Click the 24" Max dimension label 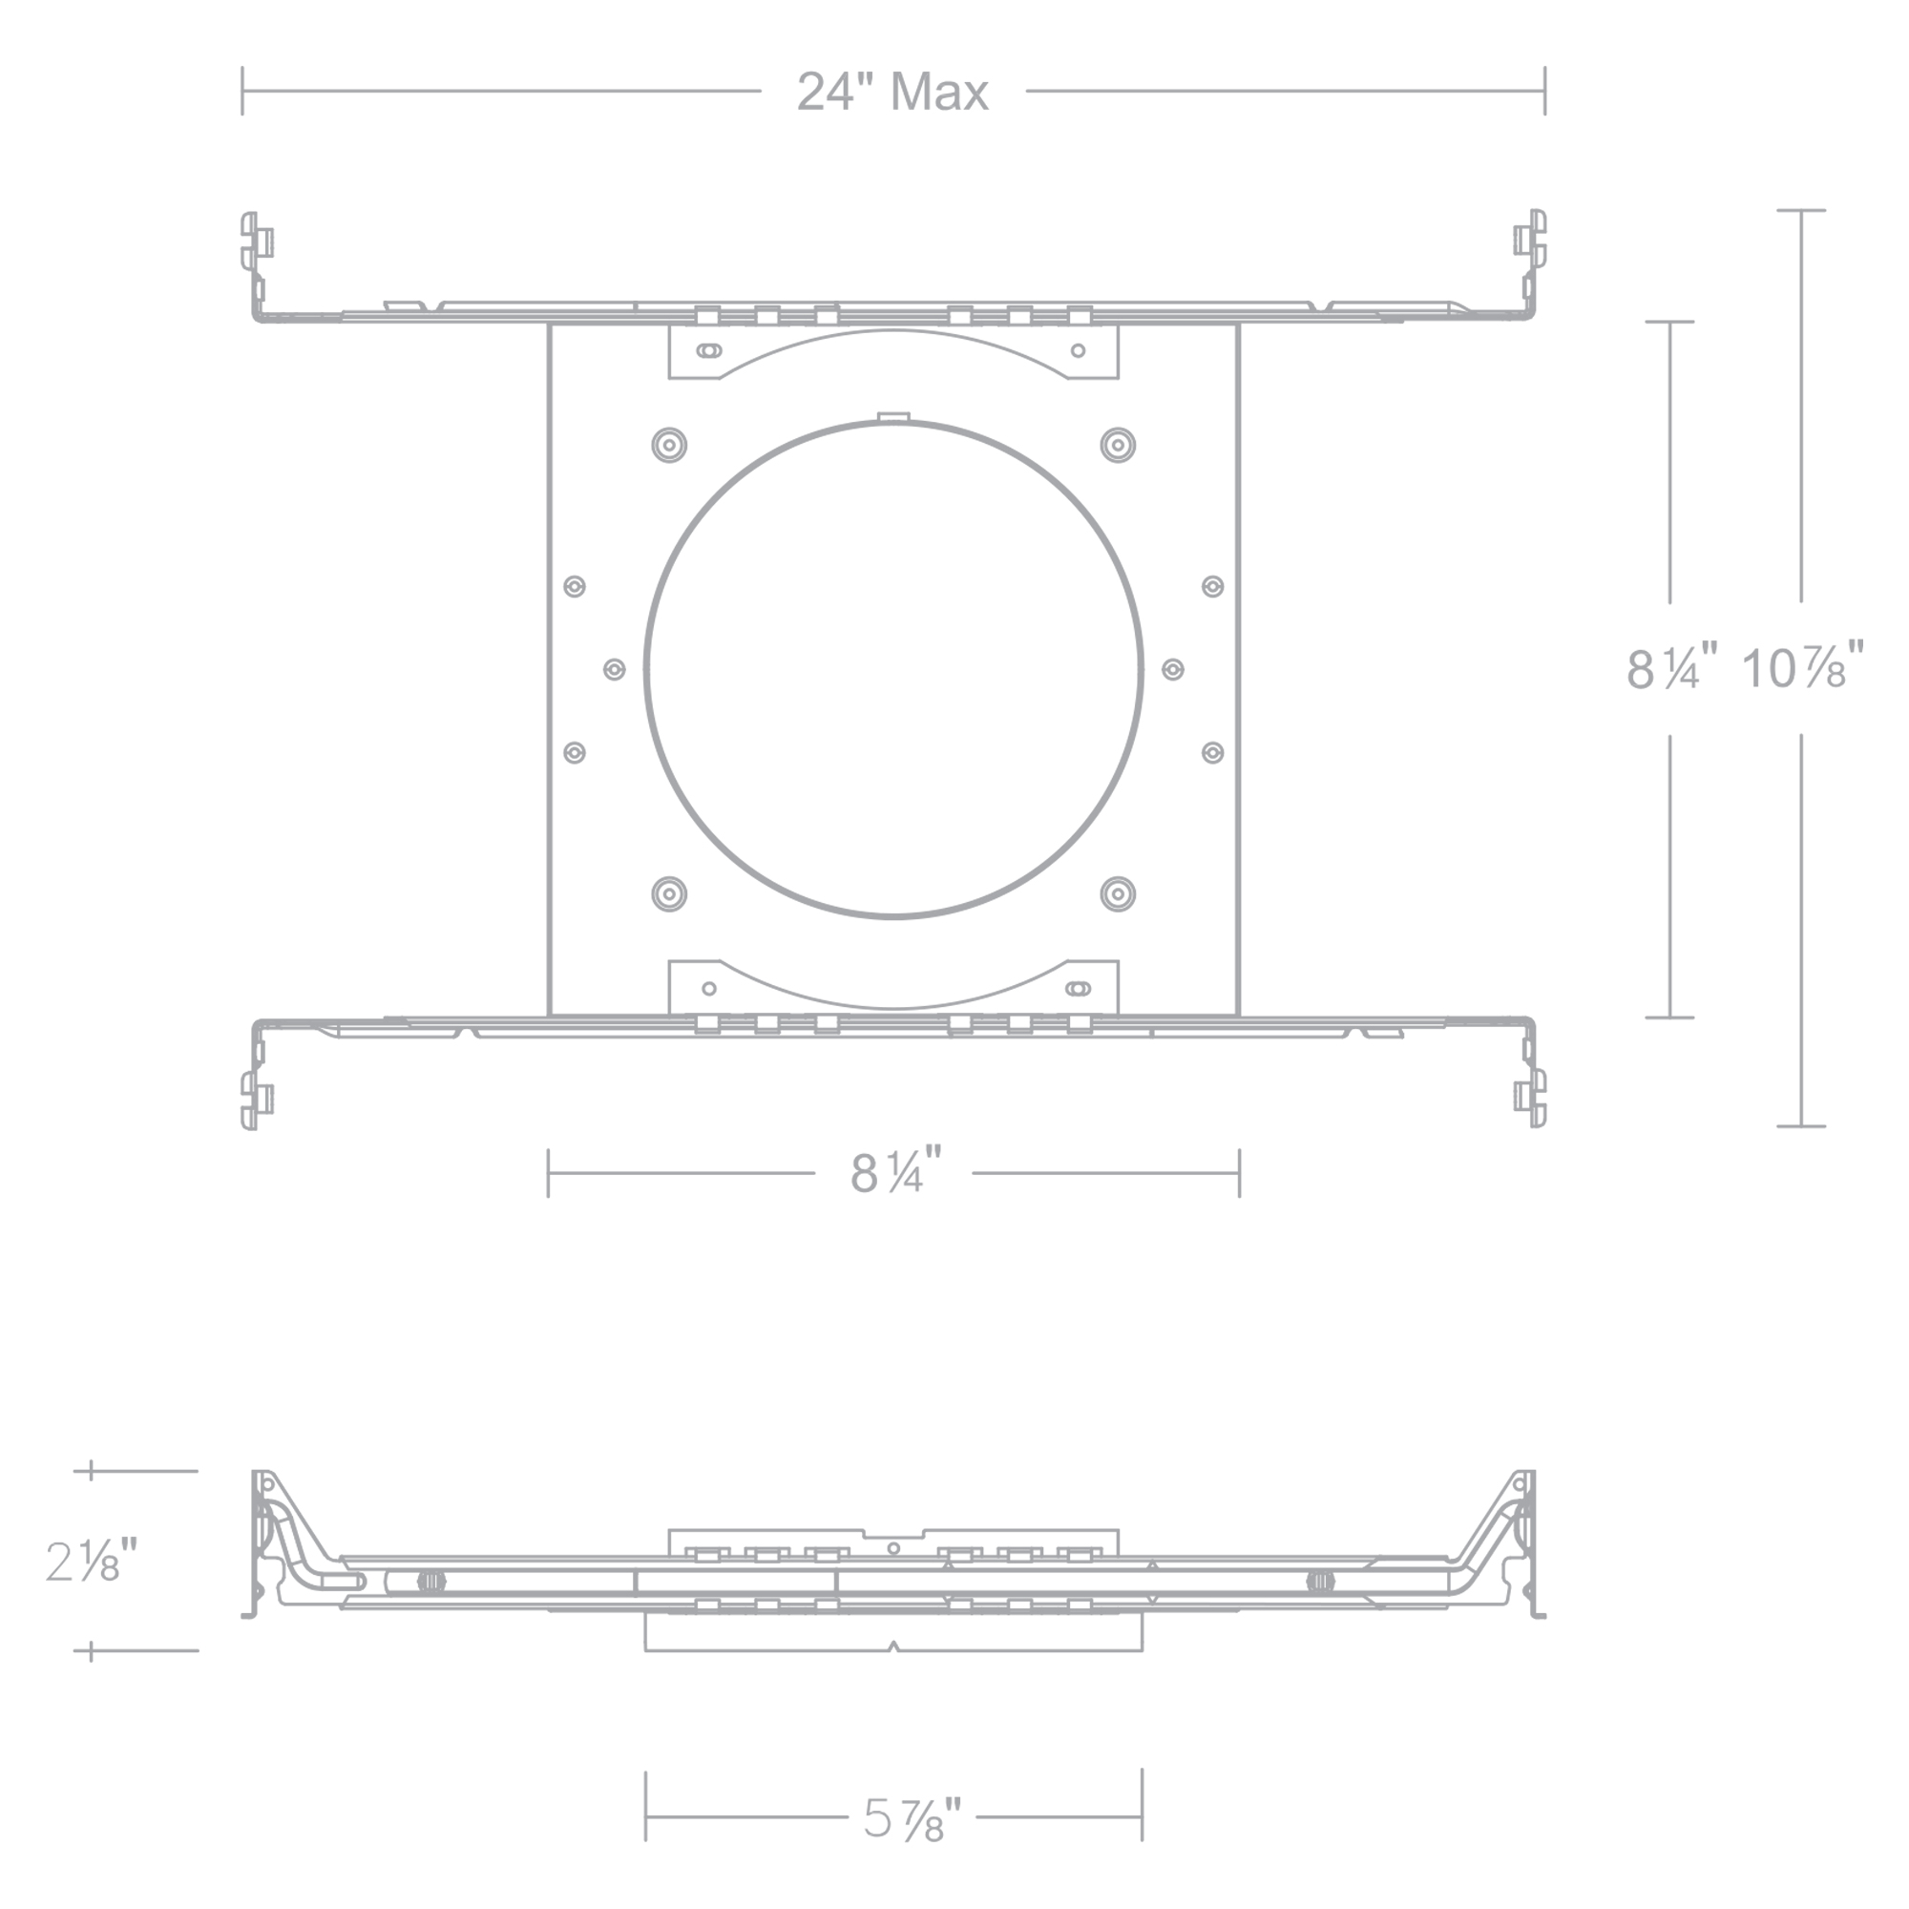coord(892,93)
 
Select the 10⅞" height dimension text coord(1801,668)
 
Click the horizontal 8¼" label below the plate coord(895,1173)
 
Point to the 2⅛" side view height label coord(91,1562)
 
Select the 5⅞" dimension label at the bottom coord(911,1845)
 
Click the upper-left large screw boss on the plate coord(669,445)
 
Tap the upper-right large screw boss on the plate coord(1118,445)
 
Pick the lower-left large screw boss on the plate coord(669,894)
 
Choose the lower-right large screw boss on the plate coord(1118,894)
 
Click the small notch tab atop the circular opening coord(893,418)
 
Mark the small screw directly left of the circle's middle coord(614,670)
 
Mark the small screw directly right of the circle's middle coord(1173,670)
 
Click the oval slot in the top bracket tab coord(708,349)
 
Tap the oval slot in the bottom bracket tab coord(1078,988)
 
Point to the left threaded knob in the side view coord(430,1581)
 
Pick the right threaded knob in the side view coord(1319,1581)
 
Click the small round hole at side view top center coord(893,1548)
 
